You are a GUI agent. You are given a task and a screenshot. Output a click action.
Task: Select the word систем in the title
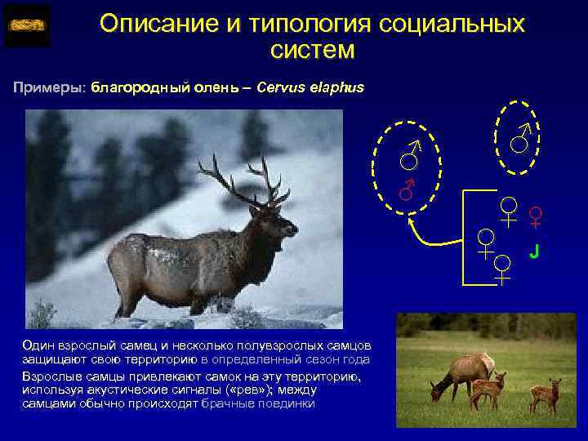pyautogui.click(x=312, y=51)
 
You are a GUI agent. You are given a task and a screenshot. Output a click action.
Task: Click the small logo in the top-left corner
pyautogui.click(x=27, y=25)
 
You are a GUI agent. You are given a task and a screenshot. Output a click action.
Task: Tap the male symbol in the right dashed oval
pyautogui.click(x=520, y=139)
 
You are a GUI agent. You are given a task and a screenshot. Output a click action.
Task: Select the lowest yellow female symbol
pyautogui.click(x=502, y=269)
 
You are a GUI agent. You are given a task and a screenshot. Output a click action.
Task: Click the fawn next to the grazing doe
pyautogui.click(x=488, y=390)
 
